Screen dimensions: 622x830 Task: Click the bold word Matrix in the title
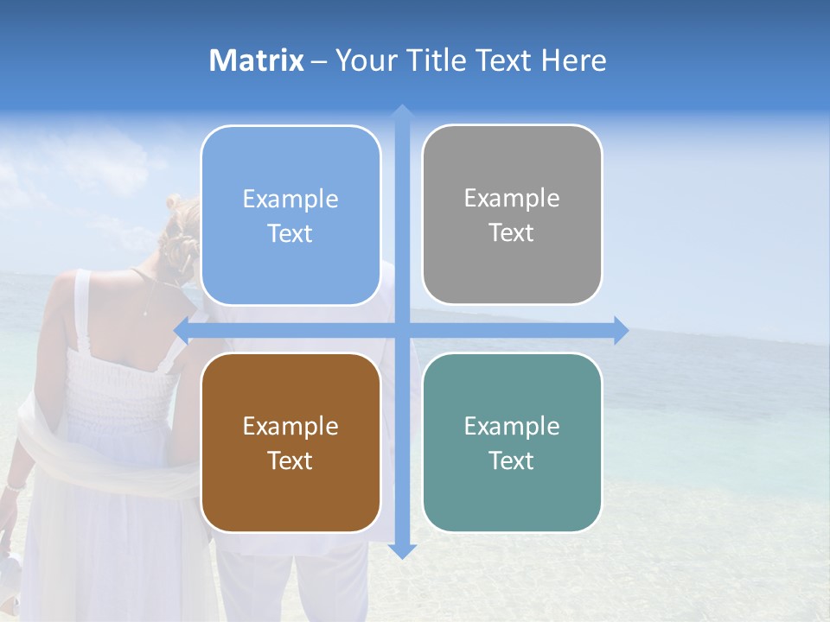(x=257, y=60)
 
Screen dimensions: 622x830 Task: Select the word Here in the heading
(x=574, y=60)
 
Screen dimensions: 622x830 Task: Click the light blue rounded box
(x=290, y=215)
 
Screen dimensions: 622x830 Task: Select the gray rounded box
(x=512, y=214)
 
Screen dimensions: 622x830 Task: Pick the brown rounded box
(x=290, y=442)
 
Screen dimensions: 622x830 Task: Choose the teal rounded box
(x=512, y=442)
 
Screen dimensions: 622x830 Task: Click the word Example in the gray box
(x=512, y=199)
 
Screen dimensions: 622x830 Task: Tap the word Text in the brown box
(x=290, y=460)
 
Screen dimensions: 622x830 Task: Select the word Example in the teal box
(x=512, y=426)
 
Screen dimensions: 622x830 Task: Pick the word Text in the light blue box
(x=290, y=233)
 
